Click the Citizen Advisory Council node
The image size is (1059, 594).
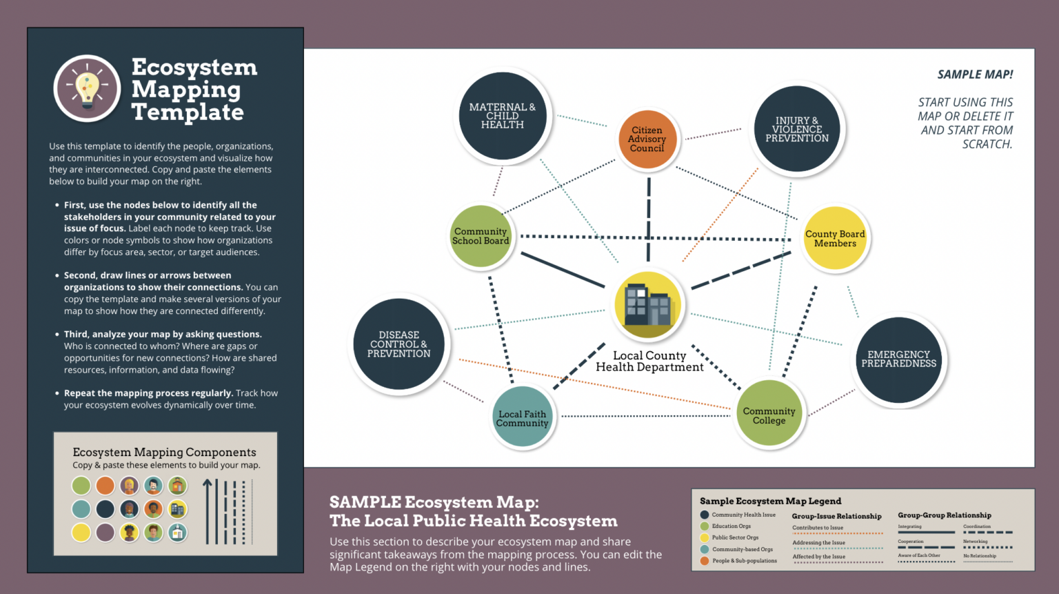pos(647,139)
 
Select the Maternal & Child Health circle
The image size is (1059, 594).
pos(503,116)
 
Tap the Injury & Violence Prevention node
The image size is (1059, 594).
pos(797,129)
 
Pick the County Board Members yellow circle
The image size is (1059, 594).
pos(835,239)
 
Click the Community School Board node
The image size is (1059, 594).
pos(481,237)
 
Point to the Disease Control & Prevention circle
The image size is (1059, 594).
pos(399,344)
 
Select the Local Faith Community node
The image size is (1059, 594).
pos(522,417)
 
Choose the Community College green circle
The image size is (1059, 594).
pos(769,414)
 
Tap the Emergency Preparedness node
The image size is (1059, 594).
pos(898,359)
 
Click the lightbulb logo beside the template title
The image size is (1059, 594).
pos(88,89)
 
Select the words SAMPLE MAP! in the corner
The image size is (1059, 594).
pos(975,75)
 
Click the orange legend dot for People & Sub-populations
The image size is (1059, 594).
pos(705,561)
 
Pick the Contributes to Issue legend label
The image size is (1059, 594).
pos(818,528)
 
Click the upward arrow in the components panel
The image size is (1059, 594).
pos(207,511)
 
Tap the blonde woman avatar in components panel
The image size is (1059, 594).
pos(130,486)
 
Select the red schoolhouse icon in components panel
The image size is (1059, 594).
pos(178,486)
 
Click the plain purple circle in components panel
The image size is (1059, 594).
pos(105,533)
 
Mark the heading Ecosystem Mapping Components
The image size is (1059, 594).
pos(164,453)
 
